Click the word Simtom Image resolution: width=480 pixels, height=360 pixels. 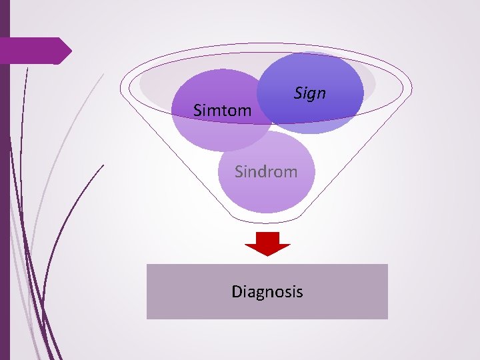click(222, 110)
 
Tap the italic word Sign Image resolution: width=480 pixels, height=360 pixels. click(310, 93)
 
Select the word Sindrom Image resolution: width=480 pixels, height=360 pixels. click(265, 172)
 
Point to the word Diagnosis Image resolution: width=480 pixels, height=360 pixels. click(267, 291)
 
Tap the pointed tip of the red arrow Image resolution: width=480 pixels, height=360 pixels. click(267, 255)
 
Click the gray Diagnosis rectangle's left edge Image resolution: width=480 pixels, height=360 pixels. click(147, 291)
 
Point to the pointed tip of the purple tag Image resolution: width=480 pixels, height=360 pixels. click(71, 51)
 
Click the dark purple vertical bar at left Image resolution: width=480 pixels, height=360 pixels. click(5, 200)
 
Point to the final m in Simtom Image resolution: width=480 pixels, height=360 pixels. click(245, 111)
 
